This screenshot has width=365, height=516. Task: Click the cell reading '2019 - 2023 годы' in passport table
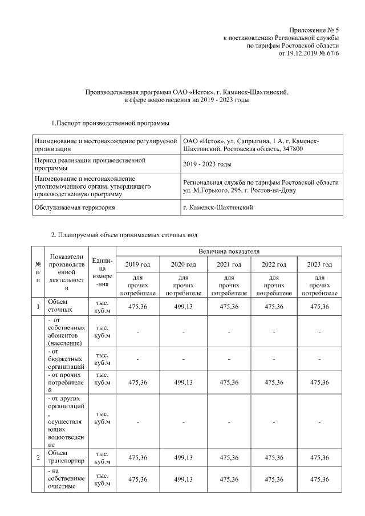[x=207, y=164]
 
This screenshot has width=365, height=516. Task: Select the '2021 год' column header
[x=228, y=265]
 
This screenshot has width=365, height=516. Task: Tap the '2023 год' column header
[x=319, y=265]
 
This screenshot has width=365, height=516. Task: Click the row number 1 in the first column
[x=38, y=307]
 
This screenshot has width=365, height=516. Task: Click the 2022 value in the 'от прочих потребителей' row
[x=274, y=383]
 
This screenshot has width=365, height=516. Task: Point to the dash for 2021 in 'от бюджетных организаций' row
[x=228, y=359]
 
